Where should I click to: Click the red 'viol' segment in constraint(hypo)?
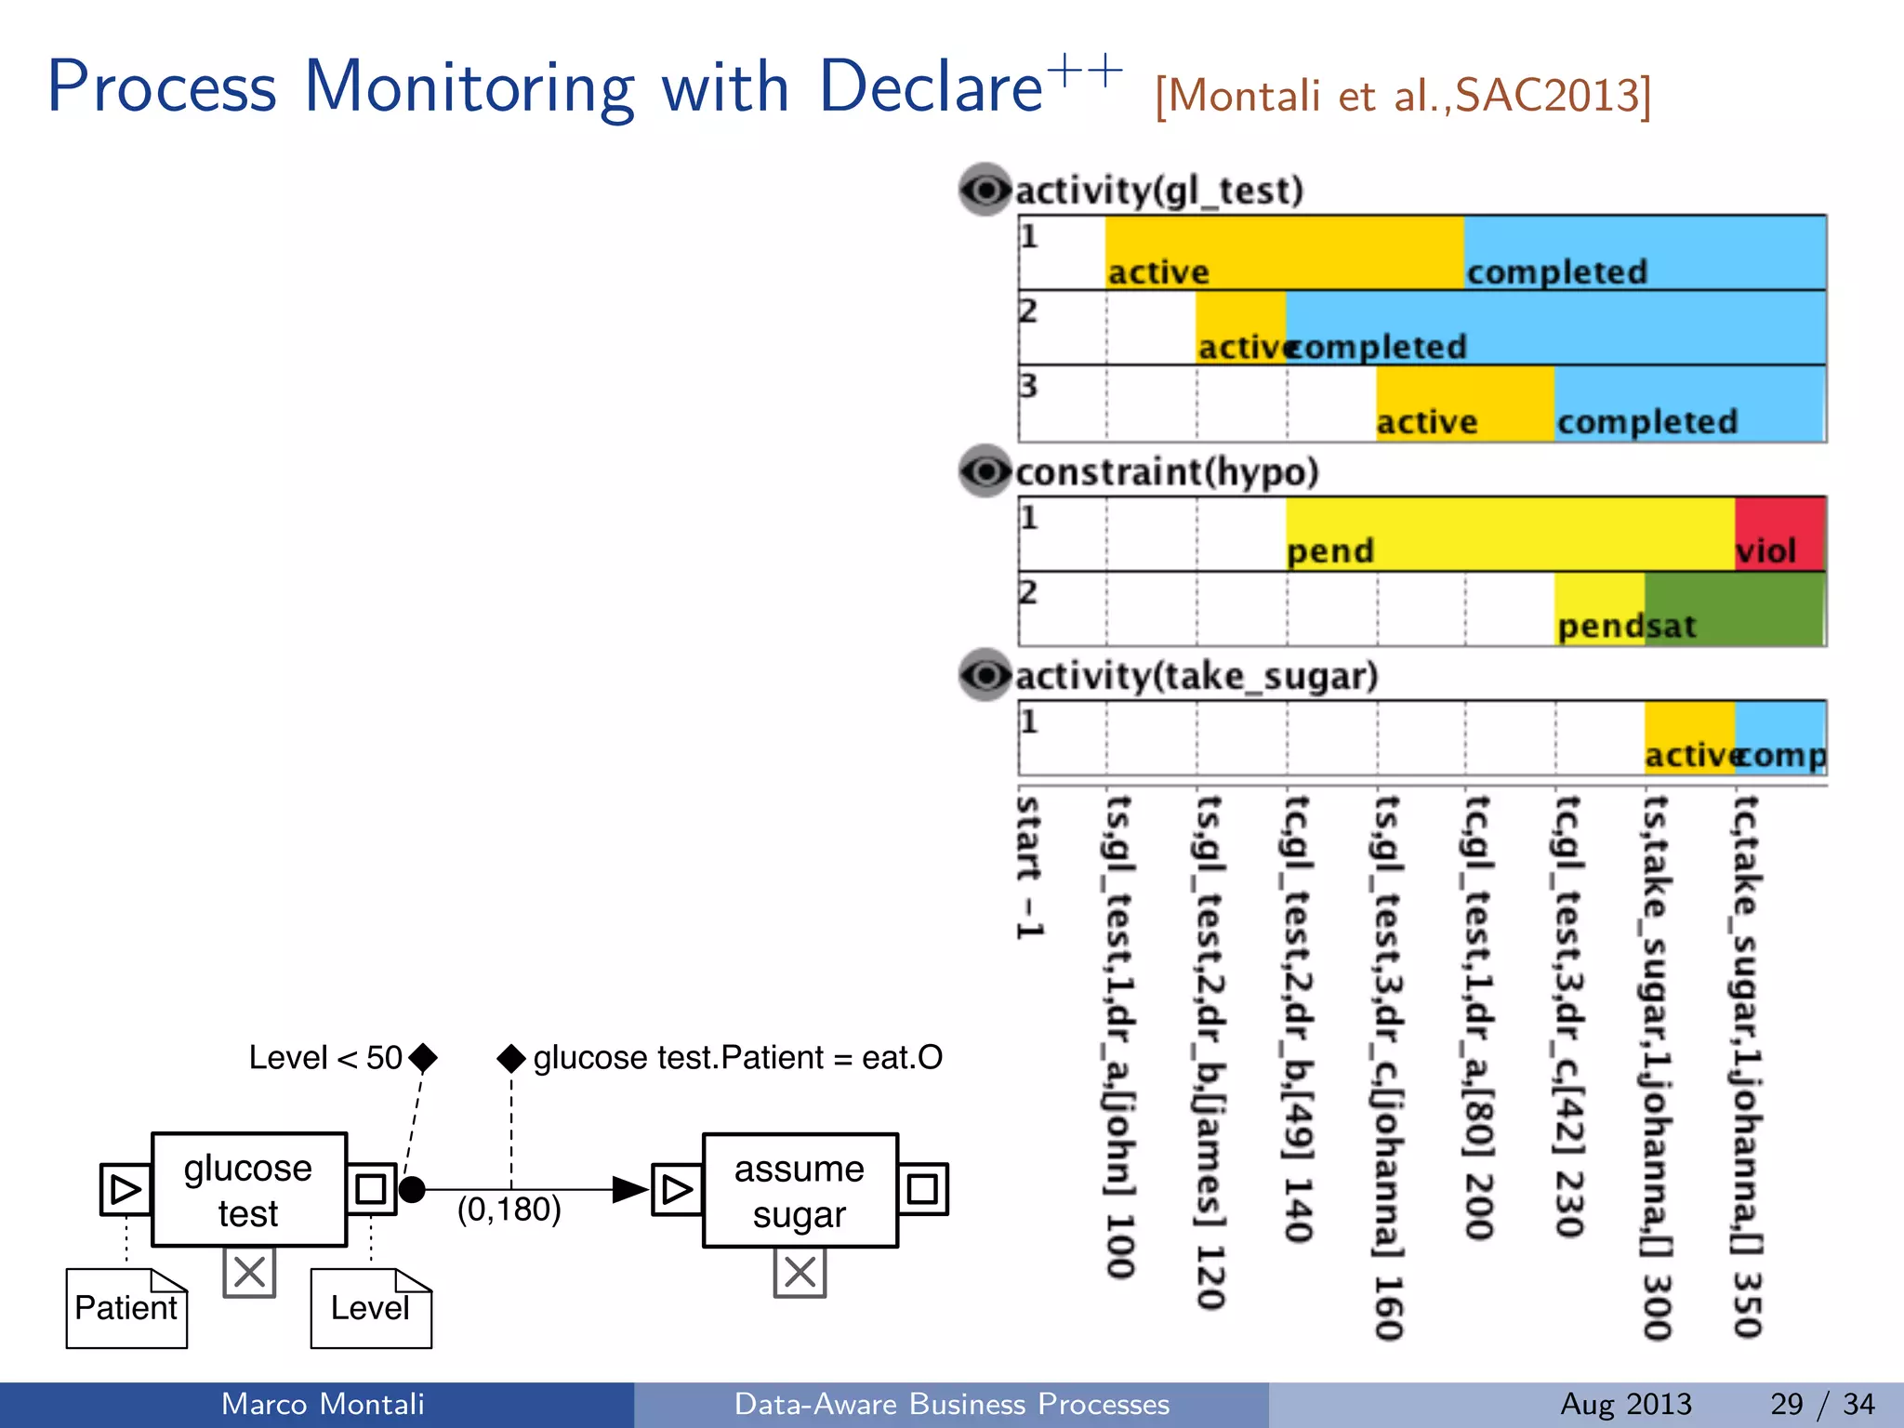(1779, 534)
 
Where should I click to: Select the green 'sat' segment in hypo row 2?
(1734, 609)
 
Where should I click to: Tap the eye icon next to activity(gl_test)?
(985, 191)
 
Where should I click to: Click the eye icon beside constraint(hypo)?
(985, 471)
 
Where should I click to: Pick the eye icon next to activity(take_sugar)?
(985, 675)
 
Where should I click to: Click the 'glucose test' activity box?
(249, 1189)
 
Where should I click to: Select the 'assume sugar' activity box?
(800, 1190)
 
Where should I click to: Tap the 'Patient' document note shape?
(126, 1308)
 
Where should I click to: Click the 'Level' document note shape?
(371, 1308)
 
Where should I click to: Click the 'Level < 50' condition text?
(325, 1057)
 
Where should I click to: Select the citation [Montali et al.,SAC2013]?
(1402, 95)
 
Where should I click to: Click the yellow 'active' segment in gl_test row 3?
(1464, 403)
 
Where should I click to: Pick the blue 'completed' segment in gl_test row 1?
(1644, 253)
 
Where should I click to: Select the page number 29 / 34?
(1822, 1404)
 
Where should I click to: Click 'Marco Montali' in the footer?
(323, 1404)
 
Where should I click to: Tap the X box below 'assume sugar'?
(800, 1272)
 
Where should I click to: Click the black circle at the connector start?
(412, 1189)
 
